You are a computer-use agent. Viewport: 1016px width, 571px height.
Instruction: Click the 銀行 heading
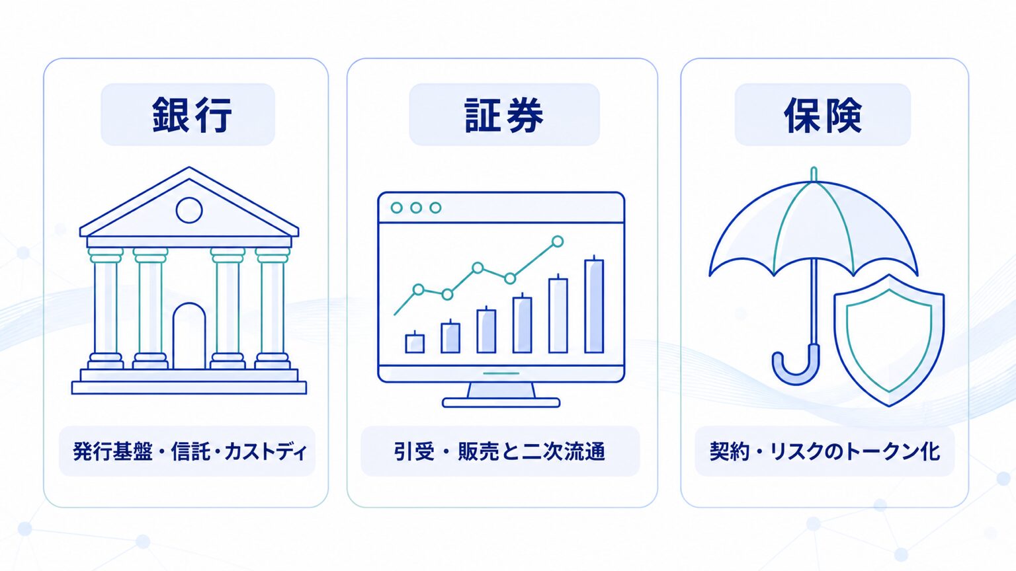(192, 115)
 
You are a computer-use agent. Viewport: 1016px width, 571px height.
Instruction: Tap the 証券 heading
(504, 115)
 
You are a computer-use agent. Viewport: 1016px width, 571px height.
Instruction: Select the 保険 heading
(823, 115)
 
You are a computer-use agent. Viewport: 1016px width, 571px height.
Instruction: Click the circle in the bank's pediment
(189, 210)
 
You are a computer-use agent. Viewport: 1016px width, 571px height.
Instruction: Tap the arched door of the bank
(189, 336)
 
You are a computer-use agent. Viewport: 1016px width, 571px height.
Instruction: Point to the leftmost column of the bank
(106, 308)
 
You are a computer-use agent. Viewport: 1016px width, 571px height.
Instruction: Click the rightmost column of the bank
(272, 308)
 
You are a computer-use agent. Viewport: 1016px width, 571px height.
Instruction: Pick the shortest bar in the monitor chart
(415, 343)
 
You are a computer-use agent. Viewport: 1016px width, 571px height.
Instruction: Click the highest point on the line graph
(558, 241)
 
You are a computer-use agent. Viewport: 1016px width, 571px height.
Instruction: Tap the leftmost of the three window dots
(396, 208)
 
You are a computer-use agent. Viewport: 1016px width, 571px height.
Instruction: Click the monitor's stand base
(501, 402)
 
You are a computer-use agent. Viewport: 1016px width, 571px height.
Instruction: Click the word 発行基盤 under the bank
(112, 451)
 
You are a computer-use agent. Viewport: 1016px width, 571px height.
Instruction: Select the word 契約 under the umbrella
(730, 451)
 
